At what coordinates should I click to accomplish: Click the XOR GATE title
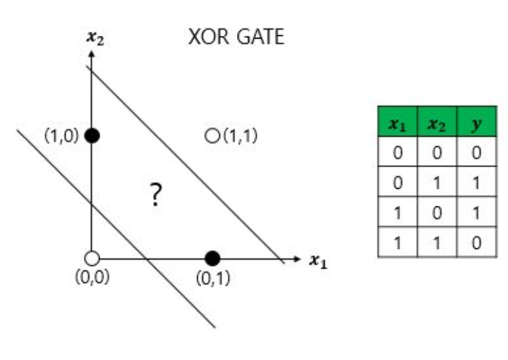tap(236, 38)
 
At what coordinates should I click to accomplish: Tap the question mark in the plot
tap(155, 195)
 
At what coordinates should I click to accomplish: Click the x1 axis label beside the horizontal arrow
tap(318, 260)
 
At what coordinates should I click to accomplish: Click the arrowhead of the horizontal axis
tap(295, 258)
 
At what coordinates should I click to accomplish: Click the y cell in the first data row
tap(477, 152)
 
